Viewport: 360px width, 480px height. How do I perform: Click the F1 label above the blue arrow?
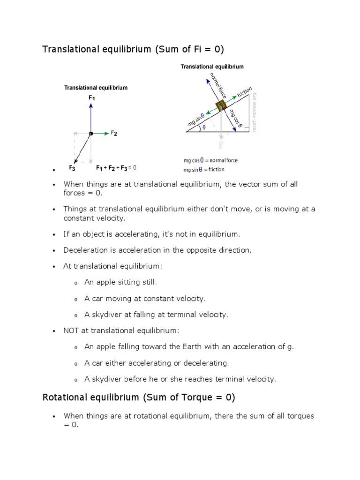pos(91,97)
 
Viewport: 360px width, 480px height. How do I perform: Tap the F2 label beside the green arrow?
pos(114,134)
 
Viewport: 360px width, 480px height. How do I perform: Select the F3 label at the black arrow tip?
pos(72,167)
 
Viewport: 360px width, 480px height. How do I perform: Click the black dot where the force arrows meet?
pos(91,134)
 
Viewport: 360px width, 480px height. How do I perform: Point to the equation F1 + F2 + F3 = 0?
pos(116,167)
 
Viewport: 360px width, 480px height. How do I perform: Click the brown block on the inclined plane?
pos(220,105)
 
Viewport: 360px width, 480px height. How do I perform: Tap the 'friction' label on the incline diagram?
pos(245,92)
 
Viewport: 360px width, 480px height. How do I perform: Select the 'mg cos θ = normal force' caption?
pos(210,160)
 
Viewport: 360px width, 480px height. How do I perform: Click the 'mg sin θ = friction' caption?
pos(204,169)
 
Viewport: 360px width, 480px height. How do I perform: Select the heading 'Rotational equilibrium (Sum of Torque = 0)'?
pos(139,397)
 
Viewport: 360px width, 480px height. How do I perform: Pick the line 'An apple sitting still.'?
pos(120,282)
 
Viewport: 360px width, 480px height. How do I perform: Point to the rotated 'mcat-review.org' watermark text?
pos(255,112)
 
